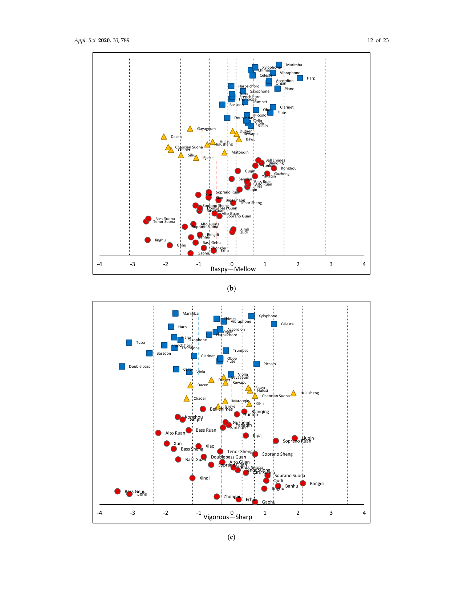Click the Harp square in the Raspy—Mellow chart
pyautogui.click(x=300, y=78)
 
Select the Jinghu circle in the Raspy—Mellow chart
pyautogui.click(x=147, y=240)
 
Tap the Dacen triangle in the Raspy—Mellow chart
pyautogui.click(x=164, y=137)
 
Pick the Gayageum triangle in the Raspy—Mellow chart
pyautogui.click(x=190, y=129)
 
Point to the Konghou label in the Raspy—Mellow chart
pyautogui.click(x=289, y=168)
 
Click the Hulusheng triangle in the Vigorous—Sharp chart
pyautogui.click(x=293, y=393)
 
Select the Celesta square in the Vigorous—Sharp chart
pyautogui.click(x=274, y=324)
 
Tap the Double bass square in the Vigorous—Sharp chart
pyautogui.click(x=122, y=367)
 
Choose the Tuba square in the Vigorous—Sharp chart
pyautogui.click(x=129, y=343)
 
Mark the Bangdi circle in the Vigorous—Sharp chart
pyautogui.click(x=303, y=483)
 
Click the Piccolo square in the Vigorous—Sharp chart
pyautogui.click(x=256, y=364)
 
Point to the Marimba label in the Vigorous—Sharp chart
pyautogui.click(x=190, y=314)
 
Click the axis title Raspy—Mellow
pyautogui.click(x=233, y=269)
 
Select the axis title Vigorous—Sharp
pyautogui.click(x=228, y=517)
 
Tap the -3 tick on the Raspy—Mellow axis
pyautogui.click(x=133, y=264)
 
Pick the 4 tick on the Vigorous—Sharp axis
pyautogui.click(x=364, y=513)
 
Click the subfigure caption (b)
pyautogui.click(x=231, y=289)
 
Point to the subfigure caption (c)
pyautogui.click(x=231, y=537)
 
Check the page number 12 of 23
pyautogui.click(x=378, y=40)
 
